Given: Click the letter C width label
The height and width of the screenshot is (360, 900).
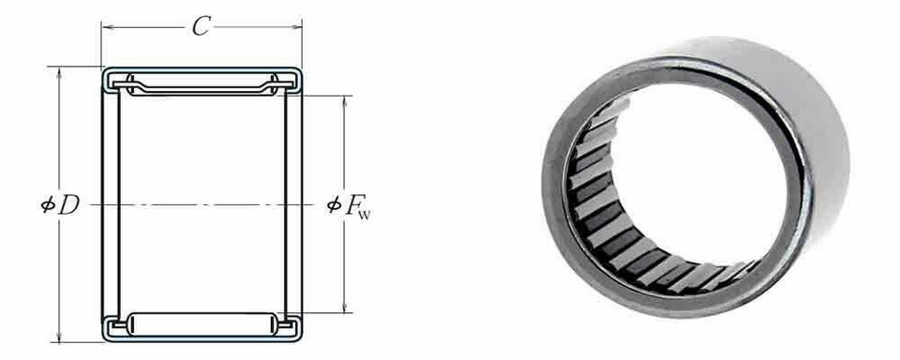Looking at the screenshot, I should click(200, 27).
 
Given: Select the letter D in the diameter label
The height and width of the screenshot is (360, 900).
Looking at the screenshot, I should click(68, 205).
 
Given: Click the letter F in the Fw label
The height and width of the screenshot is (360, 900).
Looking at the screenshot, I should click(358, 205).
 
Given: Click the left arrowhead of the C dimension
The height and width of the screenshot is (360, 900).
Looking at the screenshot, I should click(105, 27).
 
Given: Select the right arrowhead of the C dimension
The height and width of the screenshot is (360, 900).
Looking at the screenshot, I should click(298, 27).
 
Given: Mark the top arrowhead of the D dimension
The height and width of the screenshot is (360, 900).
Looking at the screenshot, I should click(60, 70).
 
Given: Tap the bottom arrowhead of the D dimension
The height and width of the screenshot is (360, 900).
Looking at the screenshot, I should click(60, 338).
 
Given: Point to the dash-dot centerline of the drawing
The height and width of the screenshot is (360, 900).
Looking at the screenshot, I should click(201, 204).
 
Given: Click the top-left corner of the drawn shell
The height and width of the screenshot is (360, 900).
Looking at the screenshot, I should click(103, 69).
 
